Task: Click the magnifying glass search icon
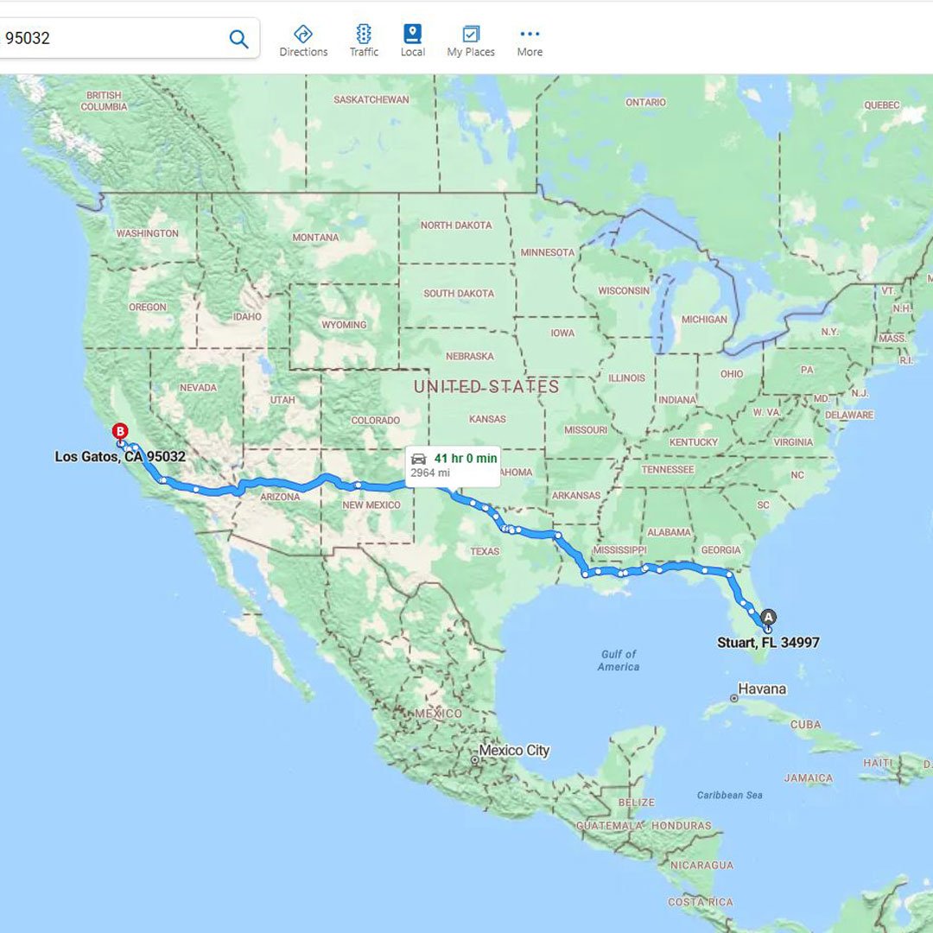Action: click(x=238, y=39)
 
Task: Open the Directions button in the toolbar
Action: click(x=303, y=41)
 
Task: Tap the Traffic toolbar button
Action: click(x=364, y=41)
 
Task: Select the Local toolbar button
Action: click(x=413, y=41)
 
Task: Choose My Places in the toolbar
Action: click(x=471, y=41)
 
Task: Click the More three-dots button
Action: click(x=530, y=41)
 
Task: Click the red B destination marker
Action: click(x=121, y=432)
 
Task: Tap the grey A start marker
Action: click(x=768, y=618)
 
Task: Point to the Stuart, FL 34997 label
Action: click(x=768, y=643)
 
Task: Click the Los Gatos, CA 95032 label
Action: click(x=120, y=456)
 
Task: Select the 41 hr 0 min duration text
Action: click(x=465, y=459)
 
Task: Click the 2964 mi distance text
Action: click(x=430, y=473)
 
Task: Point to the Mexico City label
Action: click(x=514, y=751)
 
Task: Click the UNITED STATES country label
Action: click(x=486, y=387)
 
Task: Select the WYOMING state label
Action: click(x=344, y=325)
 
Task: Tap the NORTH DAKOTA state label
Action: click(x=456, y=225)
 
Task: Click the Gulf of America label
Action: click(x=619, y=661)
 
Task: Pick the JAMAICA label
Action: click(x=809, y=778)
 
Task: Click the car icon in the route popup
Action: click(x=419, y=459)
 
